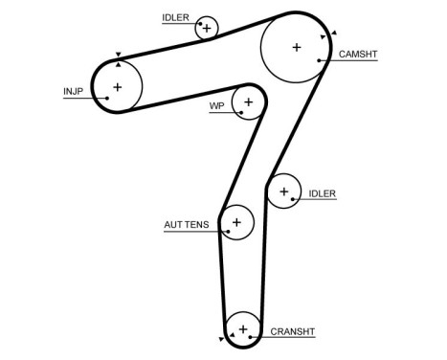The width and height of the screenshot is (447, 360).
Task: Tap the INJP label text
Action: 73,92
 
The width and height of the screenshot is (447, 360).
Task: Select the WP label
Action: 215,106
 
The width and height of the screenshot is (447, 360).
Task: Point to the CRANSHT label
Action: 292,332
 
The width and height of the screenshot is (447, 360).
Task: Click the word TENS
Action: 197,226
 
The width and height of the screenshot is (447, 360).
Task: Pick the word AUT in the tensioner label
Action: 173,226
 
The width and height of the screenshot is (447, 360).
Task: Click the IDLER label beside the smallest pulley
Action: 175,17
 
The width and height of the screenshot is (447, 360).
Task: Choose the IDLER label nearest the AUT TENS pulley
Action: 323,193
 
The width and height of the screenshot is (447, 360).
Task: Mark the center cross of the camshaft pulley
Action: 297,46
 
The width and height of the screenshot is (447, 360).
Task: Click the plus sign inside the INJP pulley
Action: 117,87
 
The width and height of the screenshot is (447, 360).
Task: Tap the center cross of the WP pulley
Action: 248,101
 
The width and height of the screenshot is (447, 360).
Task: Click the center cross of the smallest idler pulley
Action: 206,28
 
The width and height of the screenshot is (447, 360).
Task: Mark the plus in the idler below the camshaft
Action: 283,191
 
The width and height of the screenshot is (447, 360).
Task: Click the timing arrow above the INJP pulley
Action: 117,56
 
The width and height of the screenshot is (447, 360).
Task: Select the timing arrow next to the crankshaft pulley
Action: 222,339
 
